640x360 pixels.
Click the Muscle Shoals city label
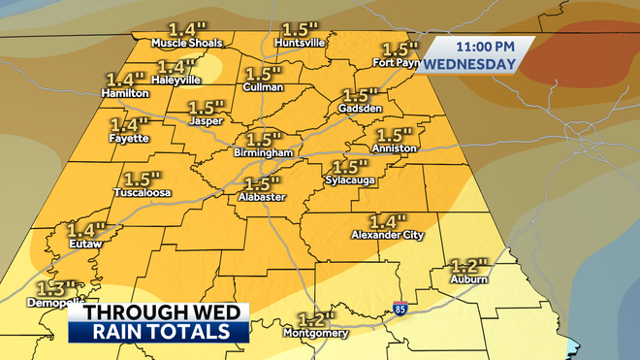tap(187, 44)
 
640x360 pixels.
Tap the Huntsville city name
tap(302, 44)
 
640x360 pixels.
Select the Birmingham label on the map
tap(263, 153)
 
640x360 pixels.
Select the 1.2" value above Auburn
tap(469, 265)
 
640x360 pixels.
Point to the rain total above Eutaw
tap(85, 231)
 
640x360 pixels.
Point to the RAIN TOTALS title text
tap(155, 333)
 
